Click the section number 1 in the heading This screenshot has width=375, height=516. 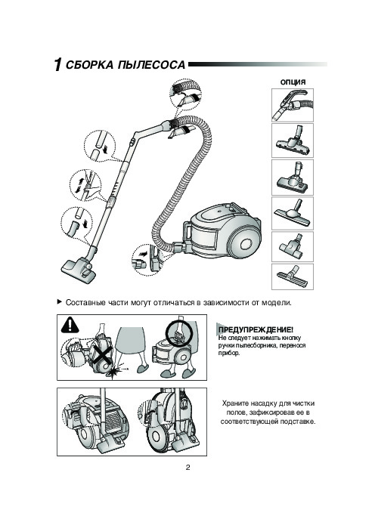pos(57,64)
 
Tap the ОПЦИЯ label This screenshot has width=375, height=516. pos(293,82)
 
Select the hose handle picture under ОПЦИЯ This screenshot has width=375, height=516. pos(293,105)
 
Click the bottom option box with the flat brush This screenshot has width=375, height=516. pos(293,277)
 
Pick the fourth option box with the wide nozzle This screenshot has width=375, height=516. pos(293,213)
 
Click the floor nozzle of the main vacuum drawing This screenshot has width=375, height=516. pos(79,269)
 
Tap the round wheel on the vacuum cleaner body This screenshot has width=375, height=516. pos(246,244)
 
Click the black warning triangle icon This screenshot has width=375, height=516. pos(70,324)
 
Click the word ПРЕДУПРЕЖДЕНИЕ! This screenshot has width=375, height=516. pos(256,329)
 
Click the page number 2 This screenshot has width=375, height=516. pos(187,468)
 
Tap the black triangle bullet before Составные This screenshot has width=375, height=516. pos(59,301)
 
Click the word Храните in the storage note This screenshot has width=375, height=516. pos(235,403)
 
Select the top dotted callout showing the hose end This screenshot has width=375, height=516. pos(185,93)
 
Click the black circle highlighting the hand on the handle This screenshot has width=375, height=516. pos(178,333)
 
